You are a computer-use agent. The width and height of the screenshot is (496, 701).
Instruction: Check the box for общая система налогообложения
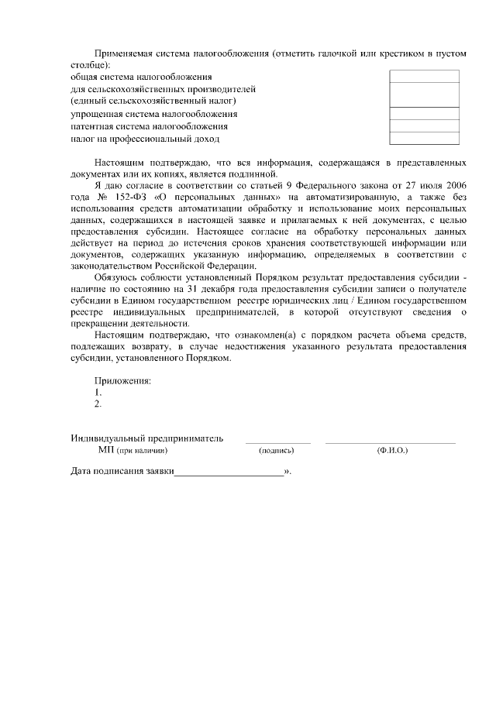[424, 77]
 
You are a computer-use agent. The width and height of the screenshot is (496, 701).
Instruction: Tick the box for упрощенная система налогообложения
[424, 113]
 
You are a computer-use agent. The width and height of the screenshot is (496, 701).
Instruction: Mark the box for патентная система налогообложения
[424, 125]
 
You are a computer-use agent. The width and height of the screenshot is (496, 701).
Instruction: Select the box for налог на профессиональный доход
[424, 139]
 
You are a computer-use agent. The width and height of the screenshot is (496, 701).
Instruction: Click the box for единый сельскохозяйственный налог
[424, 94]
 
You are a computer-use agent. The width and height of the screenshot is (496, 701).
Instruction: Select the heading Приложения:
[122, 380]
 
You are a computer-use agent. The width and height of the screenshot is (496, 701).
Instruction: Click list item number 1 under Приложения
[98, 392]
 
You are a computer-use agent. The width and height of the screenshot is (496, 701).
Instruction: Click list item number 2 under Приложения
[98, 404]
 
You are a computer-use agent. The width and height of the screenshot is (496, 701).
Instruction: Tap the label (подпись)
[277, 450]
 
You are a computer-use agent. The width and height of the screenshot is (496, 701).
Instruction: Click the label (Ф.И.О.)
[391, 450]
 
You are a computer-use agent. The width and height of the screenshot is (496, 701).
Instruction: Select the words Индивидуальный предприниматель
[146, 438]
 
